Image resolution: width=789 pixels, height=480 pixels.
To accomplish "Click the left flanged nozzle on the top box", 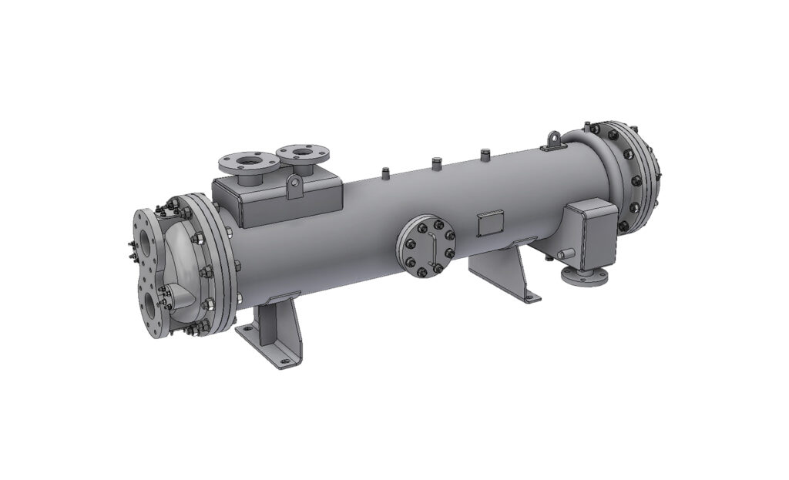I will pyautogui.click(x=246, y=163).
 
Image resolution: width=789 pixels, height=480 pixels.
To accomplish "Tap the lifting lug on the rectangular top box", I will pyautogui.click(x=292, y=186).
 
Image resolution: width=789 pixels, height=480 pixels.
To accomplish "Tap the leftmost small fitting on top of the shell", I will pyautogui.click(x=383, y=170).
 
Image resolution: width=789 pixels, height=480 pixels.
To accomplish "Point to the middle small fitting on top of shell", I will pyautogui.click(x=435, y=163).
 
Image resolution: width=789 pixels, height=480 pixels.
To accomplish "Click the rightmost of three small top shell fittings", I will pyautogui.click(x=485, y=155).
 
